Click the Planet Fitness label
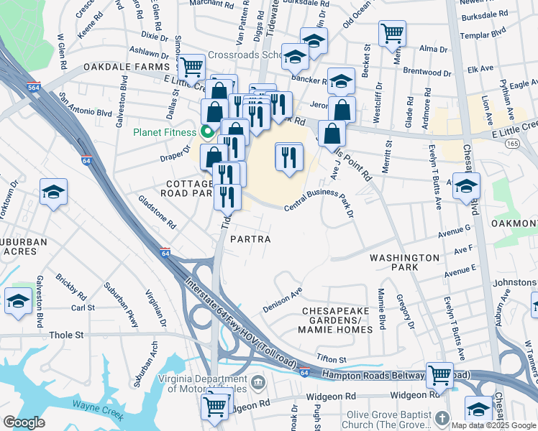pyautogui.click(x=163, y=132)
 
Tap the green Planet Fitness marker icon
pyautogui.click(x=208, y=131)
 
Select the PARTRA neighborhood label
pyautogui.click(x=250, y=239)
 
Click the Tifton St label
pyautogui.click(x=332, y=359)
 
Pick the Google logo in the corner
pyautogui.click(x=24, y=422)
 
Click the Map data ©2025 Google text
pyautogui.click(x=493, y=425)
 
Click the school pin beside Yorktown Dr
pyautogui.click(x=54, y=192)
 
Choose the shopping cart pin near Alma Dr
pyautogui.click(x=392, y=32)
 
